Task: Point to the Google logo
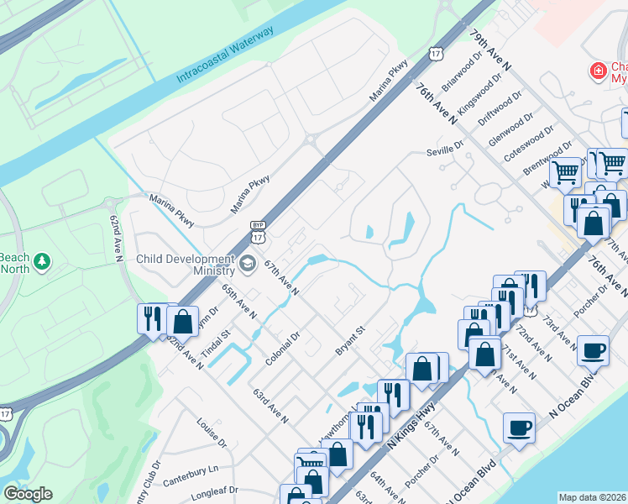click(28, 494)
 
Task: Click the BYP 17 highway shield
click(259, 228)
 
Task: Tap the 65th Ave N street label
click(239, 301)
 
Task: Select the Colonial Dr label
click(282, 346)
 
